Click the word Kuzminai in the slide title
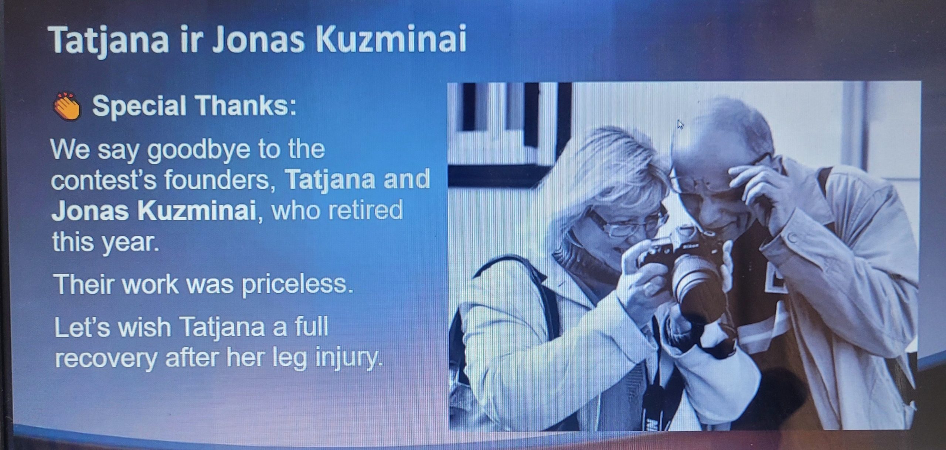391,39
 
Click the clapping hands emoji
67,106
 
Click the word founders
220,180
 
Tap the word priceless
297,285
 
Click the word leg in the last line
289,359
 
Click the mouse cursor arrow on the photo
680,124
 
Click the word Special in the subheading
139,106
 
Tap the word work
150,285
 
